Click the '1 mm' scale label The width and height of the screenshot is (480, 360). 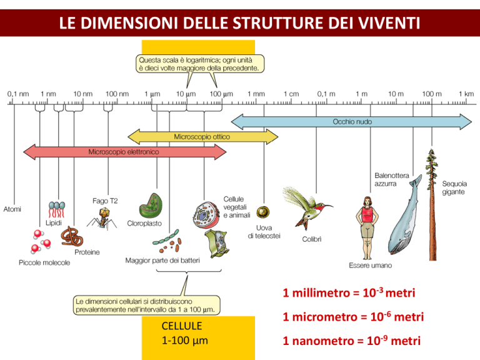[x=256, y=94]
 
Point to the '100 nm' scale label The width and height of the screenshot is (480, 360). [x=117, y=94]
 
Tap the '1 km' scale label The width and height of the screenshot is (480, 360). [x=466, y=94]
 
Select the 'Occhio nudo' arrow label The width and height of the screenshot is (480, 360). [x=352, y=122]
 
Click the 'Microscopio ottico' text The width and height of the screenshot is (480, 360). [x=202, y=137]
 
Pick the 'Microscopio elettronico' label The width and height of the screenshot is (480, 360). [x=124, y=152]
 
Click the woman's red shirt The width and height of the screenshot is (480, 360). [x=367, y=214]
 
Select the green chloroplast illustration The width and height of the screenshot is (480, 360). [x=151, y=206]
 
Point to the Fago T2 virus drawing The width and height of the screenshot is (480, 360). [x=102, y=218]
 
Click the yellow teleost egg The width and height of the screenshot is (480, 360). [x=263, y=212]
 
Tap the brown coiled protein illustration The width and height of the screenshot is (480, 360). [x=72, y=236]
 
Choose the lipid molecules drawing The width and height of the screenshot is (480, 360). [x=57, y=209]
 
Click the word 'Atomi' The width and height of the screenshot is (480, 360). [x=12, y=209]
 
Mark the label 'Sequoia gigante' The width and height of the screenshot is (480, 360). [x=454, y=187]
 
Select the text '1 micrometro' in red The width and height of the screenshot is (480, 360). [x=320, y=317]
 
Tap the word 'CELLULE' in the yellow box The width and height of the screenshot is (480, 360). [x=182, y=326]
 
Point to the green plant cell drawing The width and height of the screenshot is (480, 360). [x=217, y=243]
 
